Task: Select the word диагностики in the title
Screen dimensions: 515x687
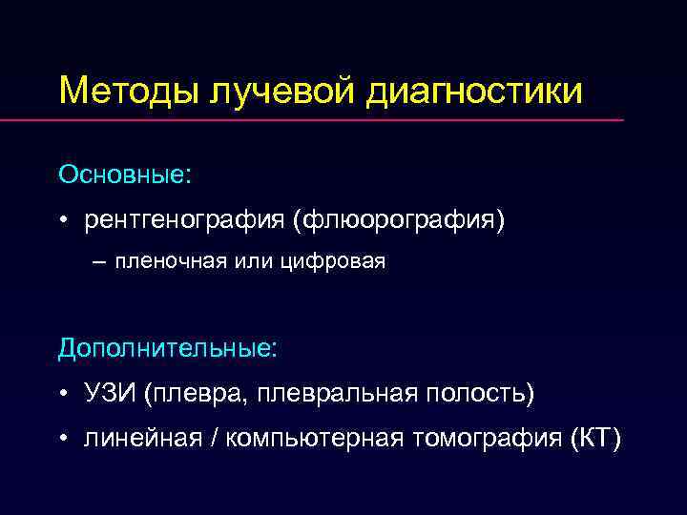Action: (472, 92)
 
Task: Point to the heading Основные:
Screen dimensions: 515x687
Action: (124, 175)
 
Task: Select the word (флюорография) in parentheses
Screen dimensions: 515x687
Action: (400, 220)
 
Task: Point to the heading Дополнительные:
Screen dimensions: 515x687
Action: (167, 348)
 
